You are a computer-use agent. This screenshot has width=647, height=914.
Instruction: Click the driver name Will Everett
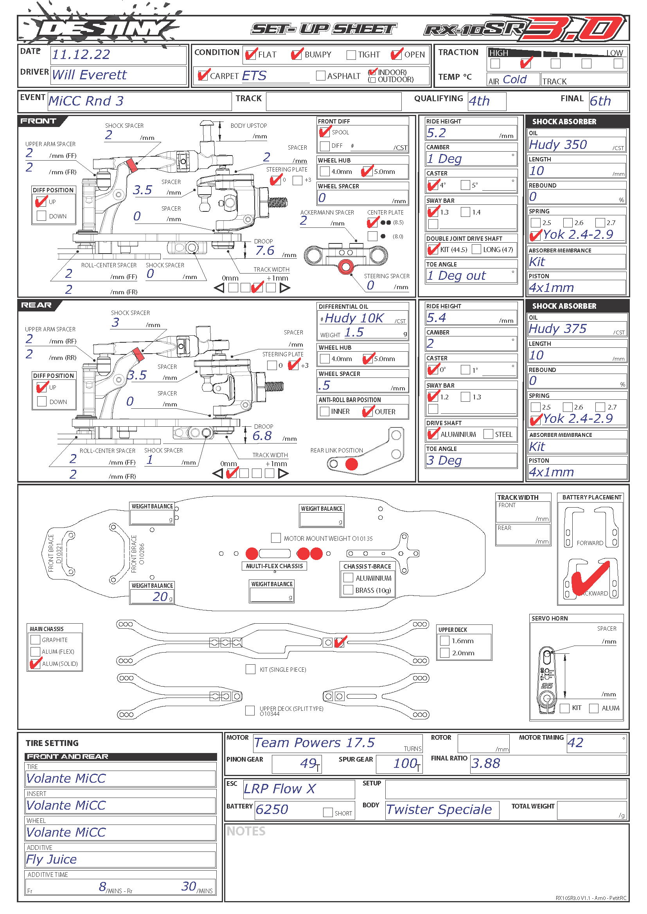point(89,75)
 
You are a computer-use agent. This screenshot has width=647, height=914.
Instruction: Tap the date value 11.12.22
point(81,55)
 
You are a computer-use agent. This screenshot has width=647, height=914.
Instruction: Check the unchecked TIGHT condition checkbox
point(351,55)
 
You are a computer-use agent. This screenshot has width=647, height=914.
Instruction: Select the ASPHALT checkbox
point(320,76)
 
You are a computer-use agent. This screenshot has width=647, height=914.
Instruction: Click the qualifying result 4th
point(479,101)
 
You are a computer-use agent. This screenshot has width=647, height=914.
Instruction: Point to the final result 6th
point(600,101)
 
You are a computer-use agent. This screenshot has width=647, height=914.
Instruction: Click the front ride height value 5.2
point(436,133)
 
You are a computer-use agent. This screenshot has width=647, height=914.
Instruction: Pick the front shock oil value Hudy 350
point(558,145)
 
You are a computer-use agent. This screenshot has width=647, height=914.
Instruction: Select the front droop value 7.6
point(265,251)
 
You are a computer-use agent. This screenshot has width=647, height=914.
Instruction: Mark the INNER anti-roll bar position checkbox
point(325,411)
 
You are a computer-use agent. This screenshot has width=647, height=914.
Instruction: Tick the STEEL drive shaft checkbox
point(488,434)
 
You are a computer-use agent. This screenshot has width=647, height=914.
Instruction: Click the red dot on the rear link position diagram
point(351,464)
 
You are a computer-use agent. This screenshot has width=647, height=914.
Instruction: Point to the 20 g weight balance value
point(160,596)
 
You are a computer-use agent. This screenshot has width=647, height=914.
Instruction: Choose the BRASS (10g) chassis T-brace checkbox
point(348,590)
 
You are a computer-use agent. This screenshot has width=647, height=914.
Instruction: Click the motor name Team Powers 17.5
point(315,743)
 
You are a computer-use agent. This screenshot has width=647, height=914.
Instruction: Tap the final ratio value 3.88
point(486,764)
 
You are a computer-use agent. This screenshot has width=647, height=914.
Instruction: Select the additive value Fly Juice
point(51,859)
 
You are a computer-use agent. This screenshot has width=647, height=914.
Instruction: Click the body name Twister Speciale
point(439,810)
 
